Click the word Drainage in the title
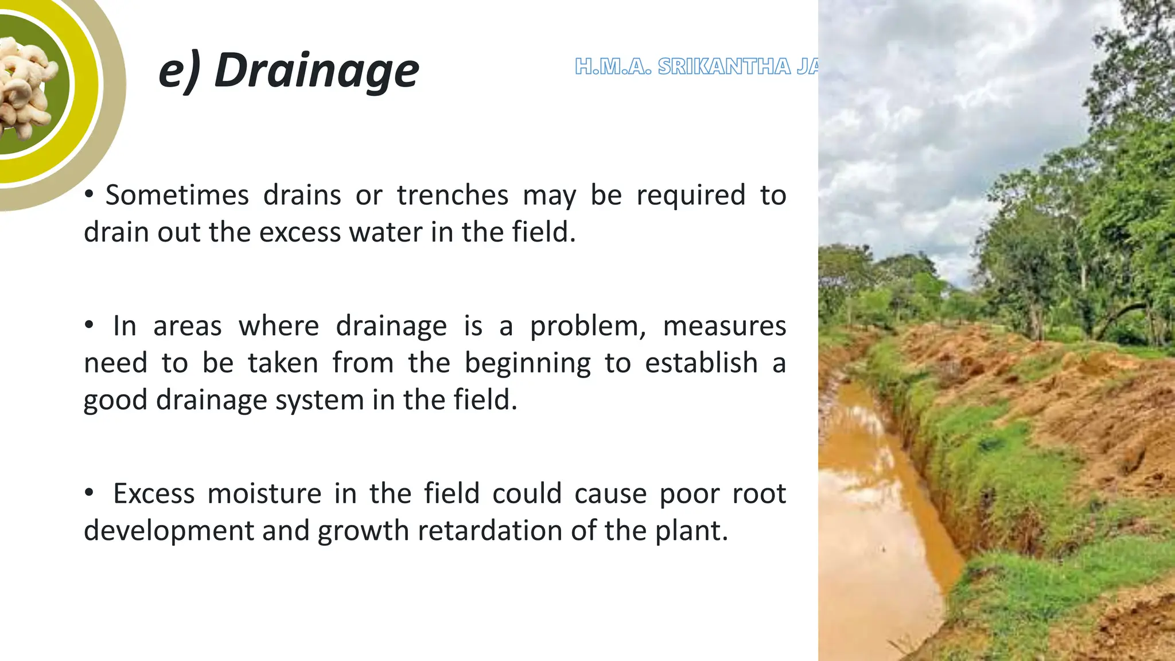(317, 71)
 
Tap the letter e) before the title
(180, 71)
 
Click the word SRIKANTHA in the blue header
(725, 67)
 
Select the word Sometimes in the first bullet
(177, 195)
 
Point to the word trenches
(452, 195)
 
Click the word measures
(724, 326)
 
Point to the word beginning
(527, 364)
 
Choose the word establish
(701, 363)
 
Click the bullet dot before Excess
(88, 492)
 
